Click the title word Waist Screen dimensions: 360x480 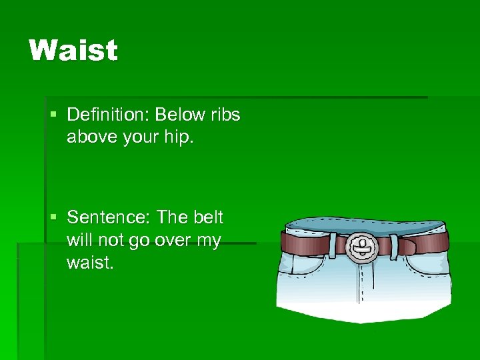click(73, 51)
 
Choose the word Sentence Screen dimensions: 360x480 click(107, 218)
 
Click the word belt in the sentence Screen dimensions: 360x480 click(208, 218)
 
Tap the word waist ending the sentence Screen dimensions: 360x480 click(91, 263)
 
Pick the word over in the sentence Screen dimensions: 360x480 click(173, 241)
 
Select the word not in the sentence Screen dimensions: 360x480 click(113, 241)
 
